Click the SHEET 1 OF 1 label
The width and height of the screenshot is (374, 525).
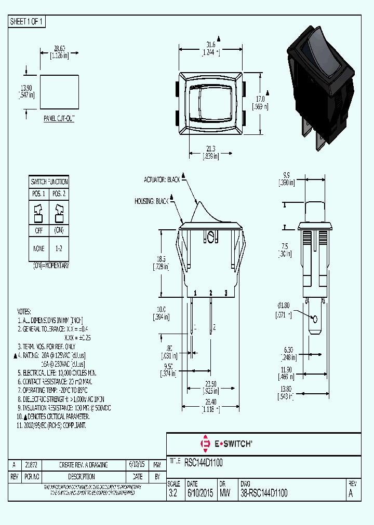coord(27,22)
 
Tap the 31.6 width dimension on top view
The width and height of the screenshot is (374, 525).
coord(210,44)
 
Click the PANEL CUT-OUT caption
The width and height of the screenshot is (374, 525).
coord(59,119)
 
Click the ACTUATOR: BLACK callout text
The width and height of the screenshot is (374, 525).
coord(162,179)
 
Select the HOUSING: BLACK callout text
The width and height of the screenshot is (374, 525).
coord(152,201)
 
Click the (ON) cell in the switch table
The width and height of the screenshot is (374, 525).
coord(59,230)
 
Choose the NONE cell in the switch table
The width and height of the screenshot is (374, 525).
coord(39,248)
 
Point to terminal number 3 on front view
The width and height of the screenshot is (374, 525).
coord(226,294)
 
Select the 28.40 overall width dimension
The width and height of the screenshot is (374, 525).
coord(210,401)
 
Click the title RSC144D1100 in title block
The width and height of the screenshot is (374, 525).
coord(204,461)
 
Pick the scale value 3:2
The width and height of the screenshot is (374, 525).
coord(173,494)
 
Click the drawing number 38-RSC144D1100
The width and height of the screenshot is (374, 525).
coord(264,494)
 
